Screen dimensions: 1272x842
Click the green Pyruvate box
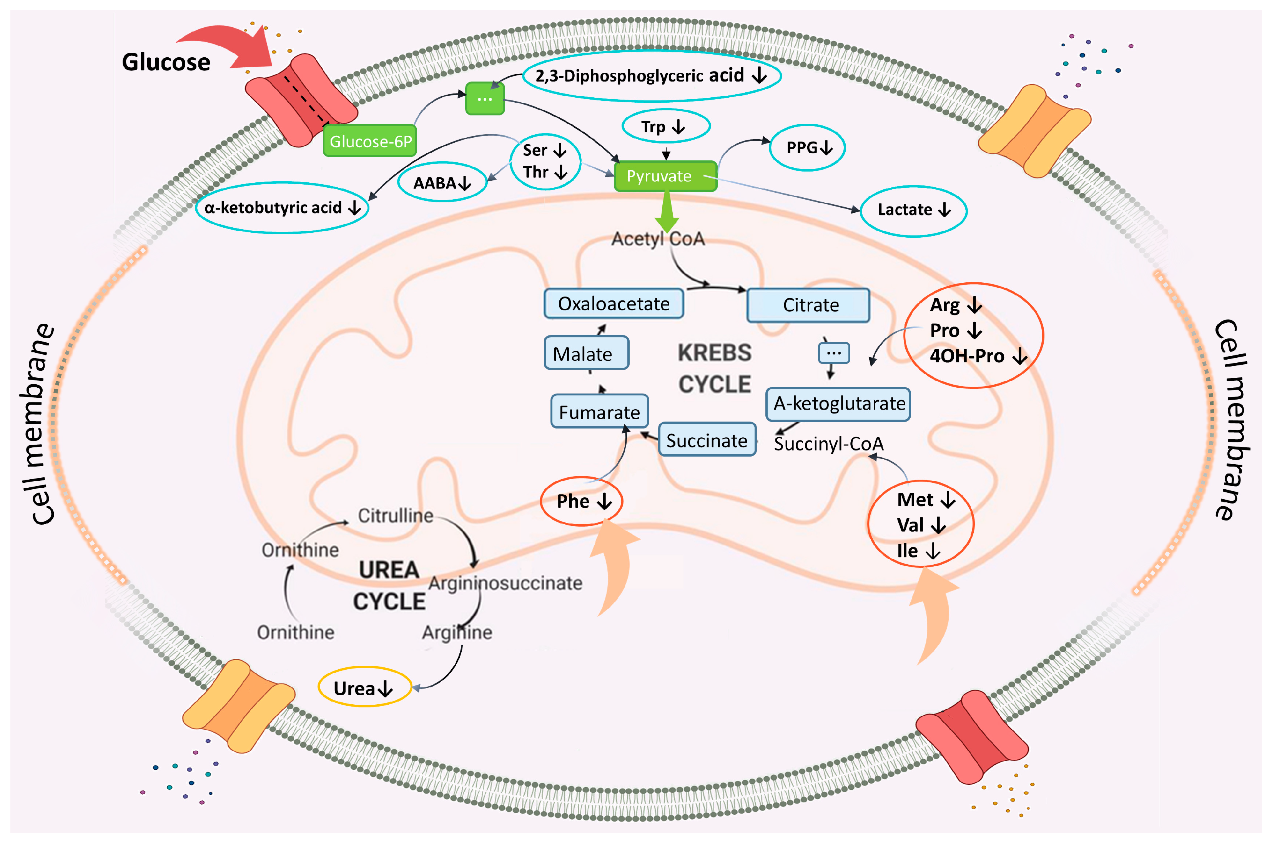665,176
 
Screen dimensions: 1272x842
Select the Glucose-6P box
370,141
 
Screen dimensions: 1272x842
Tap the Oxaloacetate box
614,304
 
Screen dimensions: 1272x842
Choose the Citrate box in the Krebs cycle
808,305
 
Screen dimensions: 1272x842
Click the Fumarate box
599,411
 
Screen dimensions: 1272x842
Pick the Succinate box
707,440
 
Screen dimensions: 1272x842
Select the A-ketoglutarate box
838,404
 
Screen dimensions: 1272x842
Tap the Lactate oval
914,210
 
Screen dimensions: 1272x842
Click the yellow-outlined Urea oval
365,687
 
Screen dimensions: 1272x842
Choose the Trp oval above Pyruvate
666,126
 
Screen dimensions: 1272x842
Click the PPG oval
807,147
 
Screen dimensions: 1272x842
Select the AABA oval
442,182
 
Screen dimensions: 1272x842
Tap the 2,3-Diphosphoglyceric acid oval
651,76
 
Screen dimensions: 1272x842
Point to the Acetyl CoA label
658,238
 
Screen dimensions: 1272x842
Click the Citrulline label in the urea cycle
396,515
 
